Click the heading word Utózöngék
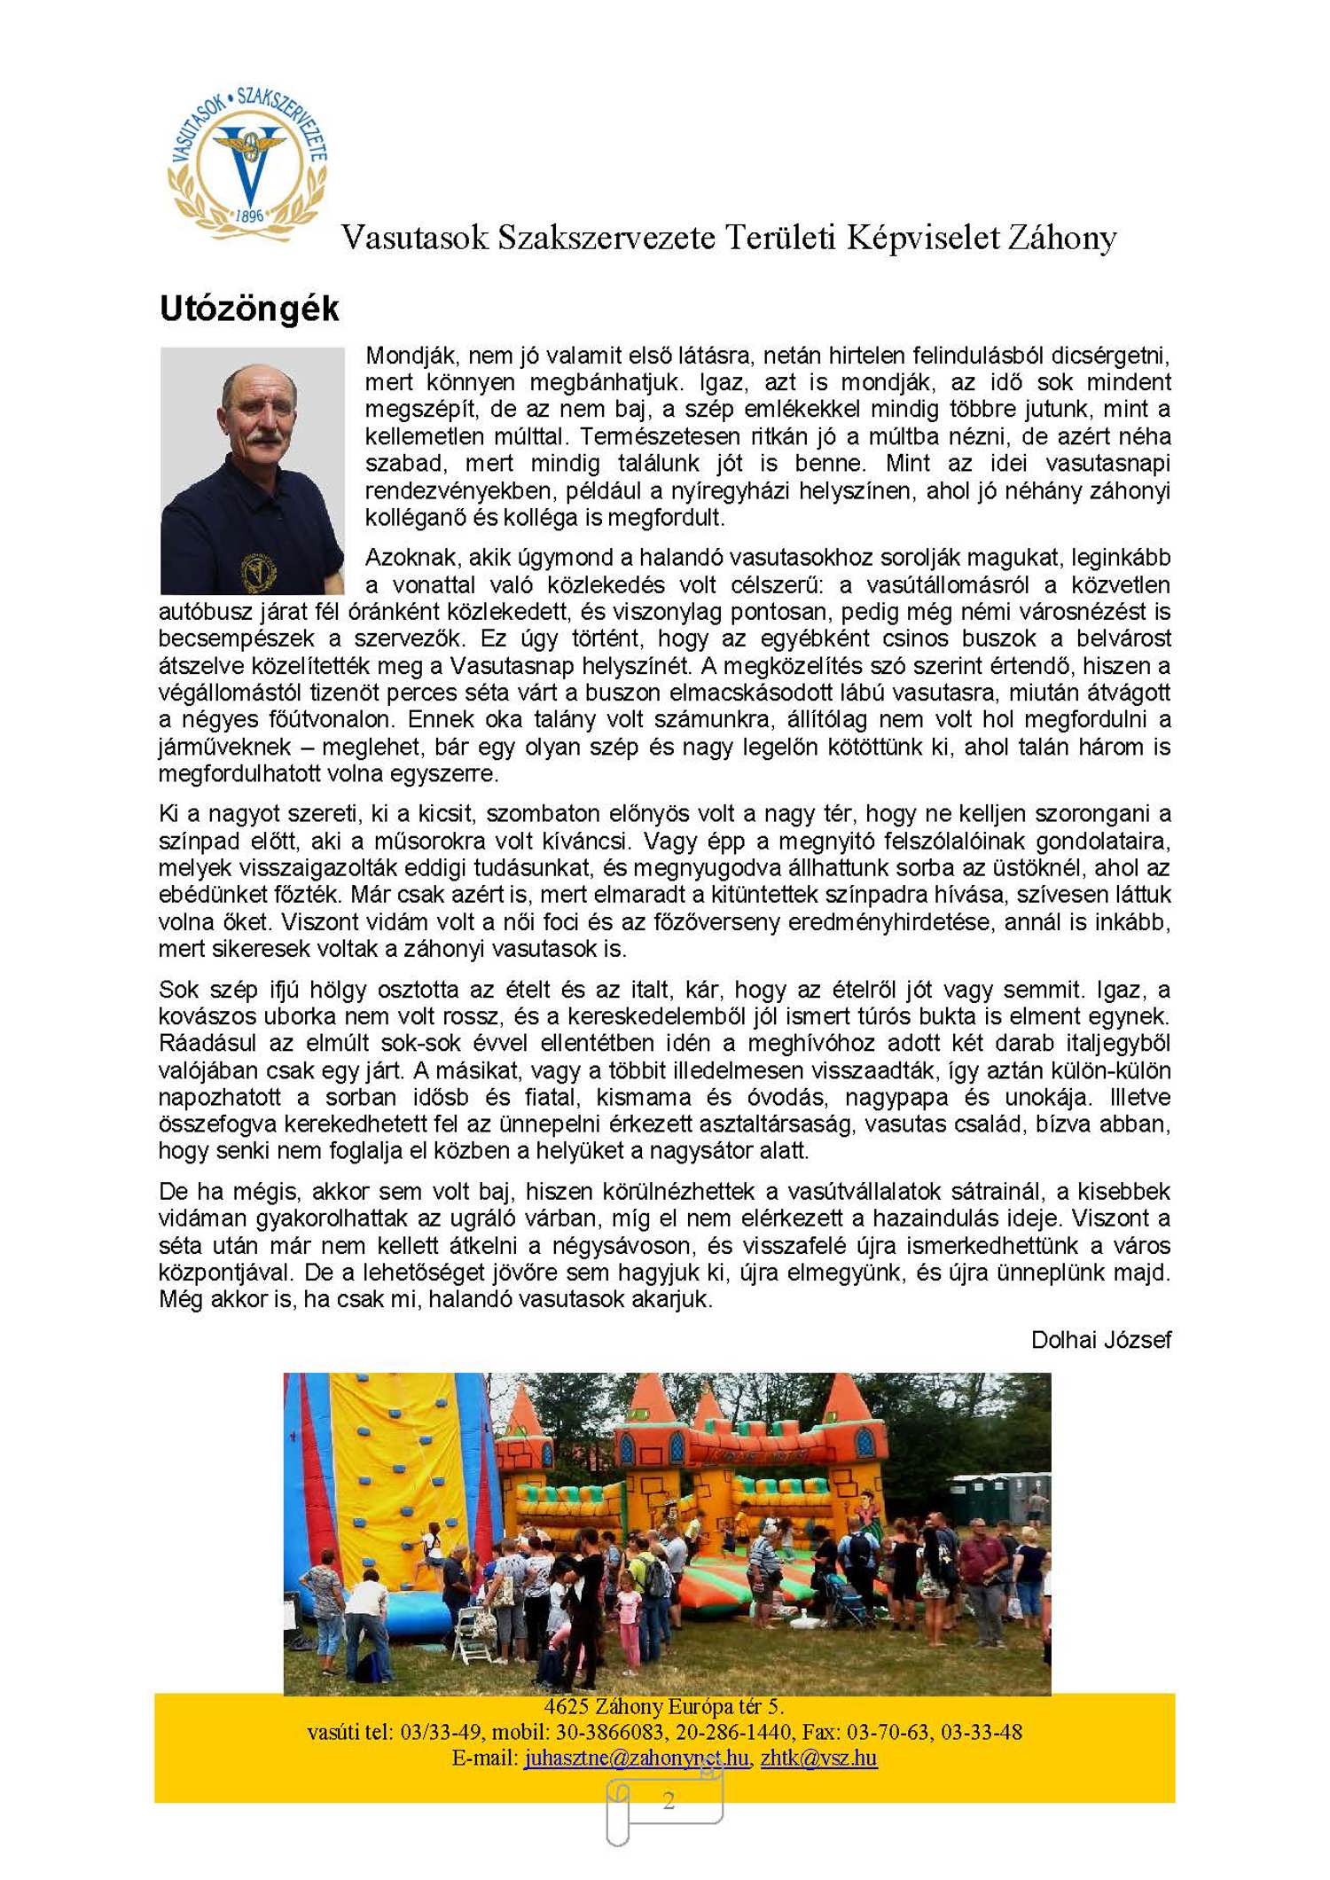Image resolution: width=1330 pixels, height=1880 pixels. click(x=248, y=309)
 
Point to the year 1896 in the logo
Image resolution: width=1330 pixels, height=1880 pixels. click(x=249, y=216)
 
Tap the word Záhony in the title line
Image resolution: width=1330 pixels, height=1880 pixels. click(x=1060, y=238)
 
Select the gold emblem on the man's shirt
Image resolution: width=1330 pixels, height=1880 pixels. click(x=258, y=571)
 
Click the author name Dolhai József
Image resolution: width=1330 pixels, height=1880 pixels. click(x=1099, y=1339)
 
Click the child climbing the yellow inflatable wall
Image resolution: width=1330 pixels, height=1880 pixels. click(x=433, y=1544)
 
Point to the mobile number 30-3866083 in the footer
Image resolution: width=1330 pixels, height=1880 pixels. click(x=613, y=1731)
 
